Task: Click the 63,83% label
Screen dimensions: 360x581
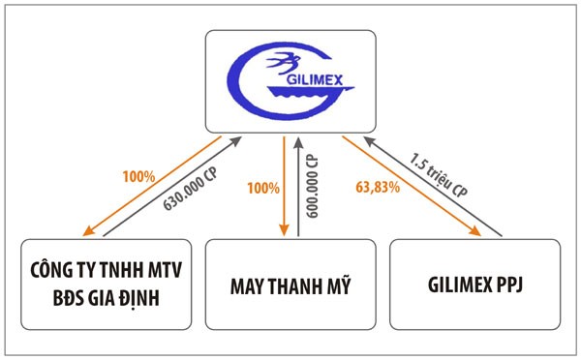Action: point(378,187)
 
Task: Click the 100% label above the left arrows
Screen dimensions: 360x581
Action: point(138,176)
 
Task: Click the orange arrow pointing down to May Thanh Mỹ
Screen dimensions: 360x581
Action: point(284,184)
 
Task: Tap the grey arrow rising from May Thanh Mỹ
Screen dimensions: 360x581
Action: point(298,184)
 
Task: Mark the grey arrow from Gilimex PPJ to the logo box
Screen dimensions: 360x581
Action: point(436,186)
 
